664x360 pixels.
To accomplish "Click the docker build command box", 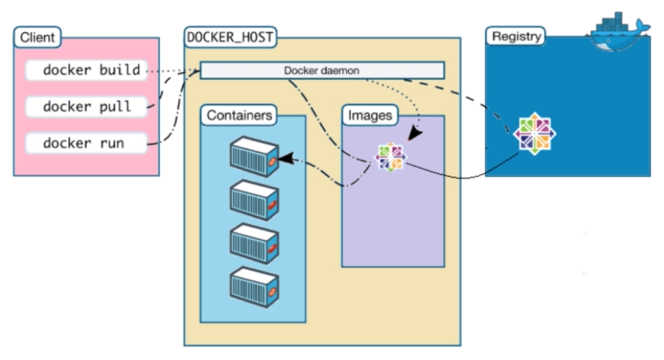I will pos(86,71).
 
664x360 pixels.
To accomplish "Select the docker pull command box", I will pos(86,107).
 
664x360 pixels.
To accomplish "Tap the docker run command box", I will pos(86,143).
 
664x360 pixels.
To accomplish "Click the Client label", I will pos(37,36).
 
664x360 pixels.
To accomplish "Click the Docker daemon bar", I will pos(321,71).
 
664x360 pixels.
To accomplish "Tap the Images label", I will pos(369,115).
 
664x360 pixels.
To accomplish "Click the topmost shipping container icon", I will pos(254,157).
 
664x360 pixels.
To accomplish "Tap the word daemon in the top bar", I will pos(342,71).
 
